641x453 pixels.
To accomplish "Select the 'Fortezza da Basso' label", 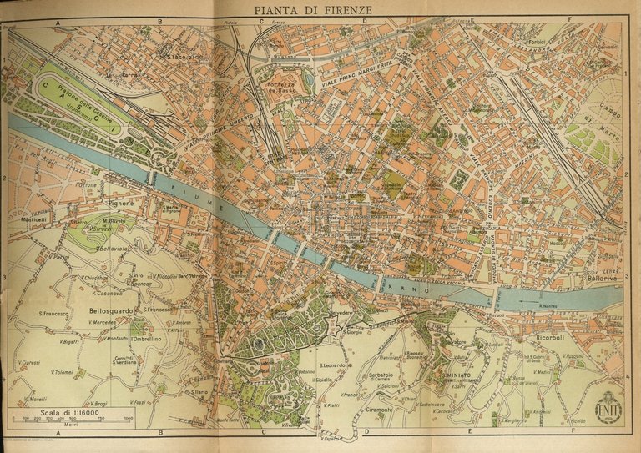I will (x=284, y=84).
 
